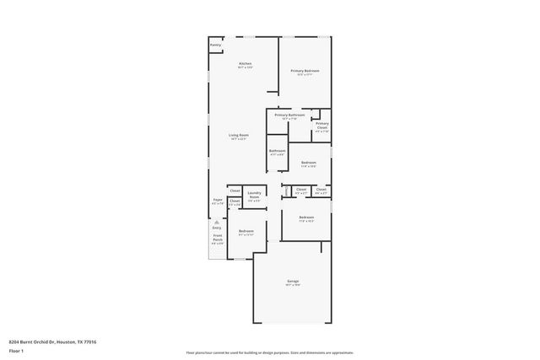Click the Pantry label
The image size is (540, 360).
tap(215, 45)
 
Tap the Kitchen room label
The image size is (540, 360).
tap(245, 64)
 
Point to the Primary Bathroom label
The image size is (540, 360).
tap(289, 115)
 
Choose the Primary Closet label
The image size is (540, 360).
tap(321, 126)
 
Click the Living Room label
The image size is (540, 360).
tap(238, 135)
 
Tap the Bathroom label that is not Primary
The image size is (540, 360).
tap(277, 151)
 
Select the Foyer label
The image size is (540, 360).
tap(217, 201)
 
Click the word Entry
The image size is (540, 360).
tap(217, 228)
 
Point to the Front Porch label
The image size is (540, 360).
tap(217, 239)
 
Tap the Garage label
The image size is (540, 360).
tap(292, 281)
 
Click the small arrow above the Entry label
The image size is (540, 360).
tap(217, 221)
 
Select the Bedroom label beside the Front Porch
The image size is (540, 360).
tap(245, 231)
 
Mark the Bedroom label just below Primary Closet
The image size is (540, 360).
tap(308, 162)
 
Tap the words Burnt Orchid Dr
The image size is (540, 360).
tap(37, 342)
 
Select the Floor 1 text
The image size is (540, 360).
tap(15, 352)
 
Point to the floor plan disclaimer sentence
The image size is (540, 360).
tap(270, 352)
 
